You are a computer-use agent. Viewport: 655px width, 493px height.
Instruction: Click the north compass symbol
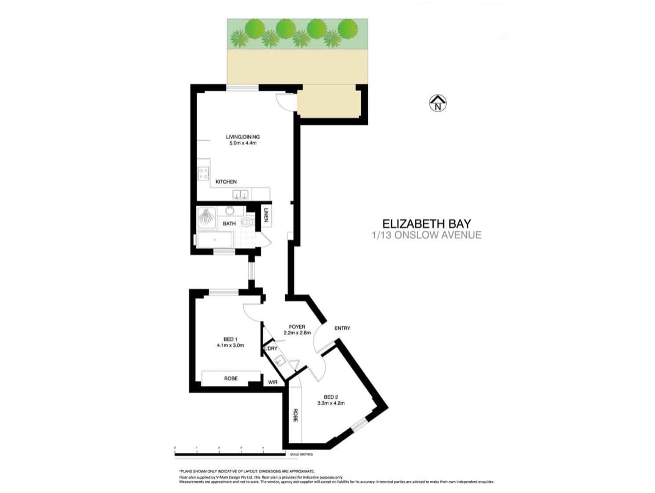tap(438, 103)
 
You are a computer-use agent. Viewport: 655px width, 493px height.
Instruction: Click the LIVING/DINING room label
tap(243, 137)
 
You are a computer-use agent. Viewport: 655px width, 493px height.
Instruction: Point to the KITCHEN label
tap(226, 182)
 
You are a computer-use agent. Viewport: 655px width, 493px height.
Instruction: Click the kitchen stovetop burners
tap(203, 172)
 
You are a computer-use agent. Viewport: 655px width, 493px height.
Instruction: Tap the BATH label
tap(229, 223)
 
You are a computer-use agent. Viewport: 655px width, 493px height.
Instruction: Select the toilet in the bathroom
tap(247, 222)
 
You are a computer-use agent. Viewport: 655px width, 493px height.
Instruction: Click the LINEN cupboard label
tap(266, 216)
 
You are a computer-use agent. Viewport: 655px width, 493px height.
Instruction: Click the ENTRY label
tap(342, 328)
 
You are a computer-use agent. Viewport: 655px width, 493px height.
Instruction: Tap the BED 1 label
tap(231, 339)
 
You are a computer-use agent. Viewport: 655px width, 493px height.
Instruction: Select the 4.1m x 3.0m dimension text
tap(231, 345)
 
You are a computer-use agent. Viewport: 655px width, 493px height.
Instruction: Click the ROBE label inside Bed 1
tap(231, 378)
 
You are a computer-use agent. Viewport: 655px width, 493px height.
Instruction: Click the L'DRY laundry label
tap(270, 348)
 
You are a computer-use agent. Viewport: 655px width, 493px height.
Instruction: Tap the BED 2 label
tap(331, 397)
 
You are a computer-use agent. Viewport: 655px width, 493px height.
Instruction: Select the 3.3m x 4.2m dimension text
tap(331, 403)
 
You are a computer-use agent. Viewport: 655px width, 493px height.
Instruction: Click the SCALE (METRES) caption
tap(301, 455)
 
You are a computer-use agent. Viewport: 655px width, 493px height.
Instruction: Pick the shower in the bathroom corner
tap(207, 218)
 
